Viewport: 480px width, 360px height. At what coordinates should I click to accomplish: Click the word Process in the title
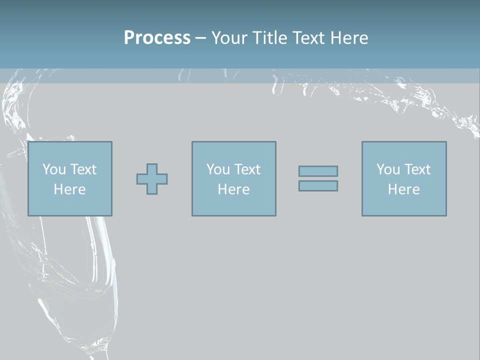[157, 38]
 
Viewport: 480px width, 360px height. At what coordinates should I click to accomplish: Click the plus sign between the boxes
[152, 178]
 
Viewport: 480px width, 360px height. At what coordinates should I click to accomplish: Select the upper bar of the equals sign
[318, 171]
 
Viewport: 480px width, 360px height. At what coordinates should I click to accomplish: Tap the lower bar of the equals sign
[318, 186]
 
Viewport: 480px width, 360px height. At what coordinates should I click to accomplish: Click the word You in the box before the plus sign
[52, 169]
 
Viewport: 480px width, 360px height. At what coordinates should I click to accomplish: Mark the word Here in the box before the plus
[69, 189]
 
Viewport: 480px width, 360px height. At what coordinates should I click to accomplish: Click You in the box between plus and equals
[217, 169]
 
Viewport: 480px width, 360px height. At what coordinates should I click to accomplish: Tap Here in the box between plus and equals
[233, 189]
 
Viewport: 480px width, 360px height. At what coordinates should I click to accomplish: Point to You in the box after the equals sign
[387, 169]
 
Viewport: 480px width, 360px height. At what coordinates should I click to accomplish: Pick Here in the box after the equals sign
[403, 189]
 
